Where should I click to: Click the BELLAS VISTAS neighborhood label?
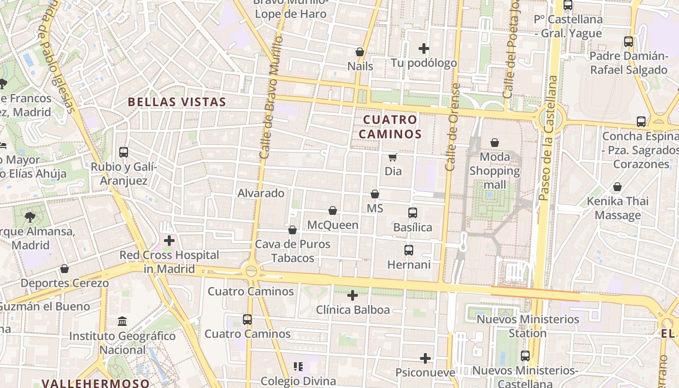[x=177, y=102]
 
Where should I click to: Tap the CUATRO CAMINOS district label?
[x=390, y=127]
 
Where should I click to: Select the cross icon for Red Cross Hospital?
[x=169, y=240]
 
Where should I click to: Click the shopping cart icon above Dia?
[x=393, y=157]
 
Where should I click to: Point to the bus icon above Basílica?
[x=413, y=213]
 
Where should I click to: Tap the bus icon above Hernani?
[x=409, y=250]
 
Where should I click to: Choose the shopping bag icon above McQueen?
[x=333, y=210]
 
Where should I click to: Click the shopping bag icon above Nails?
[x=360, y=52]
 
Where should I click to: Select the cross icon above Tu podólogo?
[x=424, y=48]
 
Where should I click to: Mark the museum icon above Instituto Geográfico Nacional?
[x=122, y=322]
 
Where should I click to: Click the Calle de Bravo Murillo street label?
[x=271, y=97]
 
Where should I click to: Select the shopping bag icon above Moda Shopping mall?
[x=495, y=143]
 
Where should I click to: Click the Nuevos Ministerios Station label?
[x=528, y=326]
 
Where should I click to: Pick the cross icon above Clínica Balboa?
[x=353, y=295]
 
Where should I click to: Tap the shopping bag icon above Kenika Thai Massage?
[x=617, y=187]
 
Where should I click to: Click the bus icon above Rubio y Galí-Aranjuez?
[x=124, y=152]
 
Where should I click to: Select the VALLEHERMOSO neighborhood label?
[x=96, y=383]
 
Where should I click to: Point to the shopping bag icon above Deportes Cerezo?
[x=65, y=269]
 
